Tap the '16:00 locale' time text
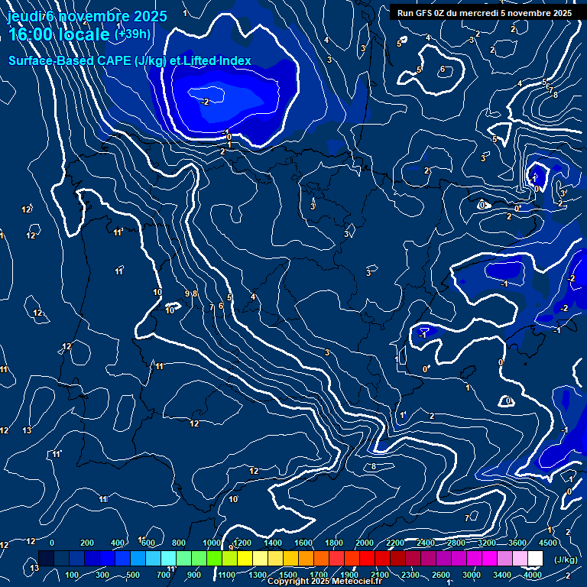click(x=59, y=34)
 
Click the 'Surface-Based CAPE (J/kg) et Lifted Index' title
click(x=130, y=60)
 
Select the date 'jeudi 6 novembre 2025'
click(x=87, y=16)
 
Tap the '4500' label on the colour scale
click(x=548, y=543)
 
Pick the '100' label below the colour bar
click(x=73, y=575)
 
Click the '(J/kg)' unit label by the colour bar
click(x=565, y=559)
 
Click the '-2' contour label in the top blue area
click(x=204, y=101)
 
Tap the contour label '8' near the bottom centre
click(x=374, y=466)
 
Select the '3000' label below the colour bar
click(x=472, y=575)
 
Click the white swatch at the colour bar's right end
click(x=535, y=559)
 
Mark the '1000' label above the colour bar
click(x=212, y=543)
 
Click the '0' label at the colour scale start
click(x=52, y=543)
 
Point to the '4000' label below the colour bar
click(x=533, y=575)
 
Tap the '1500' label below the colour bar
click(x=288, y=575)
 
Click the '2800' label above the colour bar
click(x=456, y=543)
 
